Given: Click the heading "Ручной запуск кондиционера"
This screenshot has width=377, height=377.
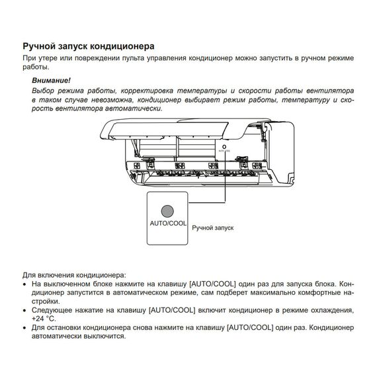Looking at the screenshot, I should pyautogui.click(x=89, y=47).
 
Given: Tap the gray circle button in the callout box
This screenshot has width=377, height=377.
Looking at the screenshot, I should pyautogui.click(x=168, y=211).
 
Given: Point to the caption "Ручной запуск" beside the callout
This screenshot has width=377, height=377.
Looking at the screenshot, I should pyautogui.click(x=213, y=228).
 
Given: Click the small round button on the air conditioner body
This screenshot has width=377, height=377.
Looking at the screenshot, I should pyautogui.click(x=225, y=147).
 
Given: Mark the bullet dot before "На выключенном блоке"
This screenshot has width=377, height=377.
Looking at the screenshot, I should pyautogui.click(x=25, y=284).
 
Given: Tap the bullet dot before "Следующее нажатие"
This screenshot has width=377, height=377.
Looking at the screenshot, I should pyautogui.click(x=25, y=310).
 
